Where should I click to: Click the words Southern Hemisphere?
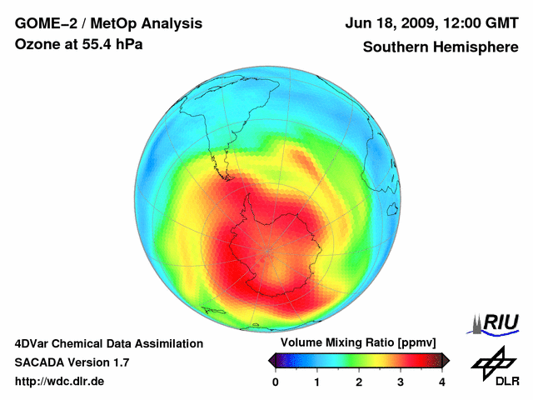tap(440, 47)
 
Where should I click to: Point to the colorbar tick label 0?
tap(276, 382)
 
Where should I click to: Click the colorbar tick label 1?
tap(317, 382)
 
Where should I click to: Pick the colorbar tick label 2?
tap(359, 382)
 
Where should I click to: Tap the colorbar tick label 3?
tap(401, 382)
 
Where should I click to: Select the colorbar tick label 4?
tap(442, 382)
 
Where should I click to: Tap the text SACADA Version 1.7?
tap(72, 362)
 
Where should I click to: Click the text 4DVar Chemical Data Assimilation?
tap(108, 343)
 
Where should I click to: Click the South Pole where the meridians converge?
tap(268, 250)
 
